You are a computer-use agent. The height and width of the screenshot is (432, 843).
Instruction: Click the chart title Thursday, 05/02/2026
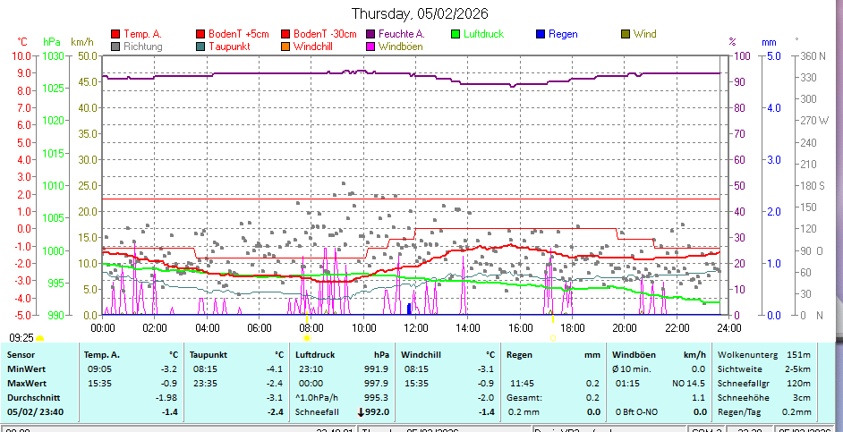420,13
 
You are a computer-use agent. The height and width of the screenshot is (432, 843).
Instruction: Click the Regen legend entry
562,34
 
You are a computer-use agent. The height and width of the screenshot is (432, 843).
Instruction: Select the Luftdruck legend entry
483,34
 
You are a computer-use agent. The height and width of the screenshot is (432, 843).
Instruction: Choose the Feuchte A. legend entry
401,34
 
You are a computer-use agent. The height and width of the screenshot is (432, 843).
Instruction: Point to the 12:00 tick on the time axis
414,328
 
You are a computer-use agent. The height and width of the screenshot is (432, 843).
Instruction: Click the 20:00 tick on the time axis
624,328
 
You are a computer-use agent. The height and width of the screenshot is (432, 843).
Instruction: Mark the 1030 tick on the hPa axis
54,55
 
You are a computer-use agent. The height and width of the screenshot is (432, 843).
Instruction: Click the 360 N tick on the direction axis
811,55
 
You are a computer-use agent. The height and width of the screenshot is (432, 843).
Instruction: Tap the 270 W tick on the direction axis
811,120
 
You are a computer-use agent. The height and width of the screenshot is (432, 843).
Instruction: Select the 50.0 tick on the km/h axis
87,55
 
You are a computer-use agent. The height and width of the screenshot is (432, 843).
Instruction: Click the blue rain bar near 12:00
409,309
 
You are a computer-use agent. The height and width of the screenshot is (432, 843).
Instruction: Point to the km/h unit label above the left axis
81,41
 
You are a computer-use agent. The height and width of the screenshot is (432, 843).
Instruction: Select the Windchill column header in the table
423,354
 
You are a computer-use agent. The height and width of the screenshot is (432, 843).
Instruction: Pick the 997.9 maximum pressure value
377,383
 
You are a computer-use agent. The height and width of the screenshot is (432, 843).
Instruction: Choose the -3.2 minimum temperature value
167,368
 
